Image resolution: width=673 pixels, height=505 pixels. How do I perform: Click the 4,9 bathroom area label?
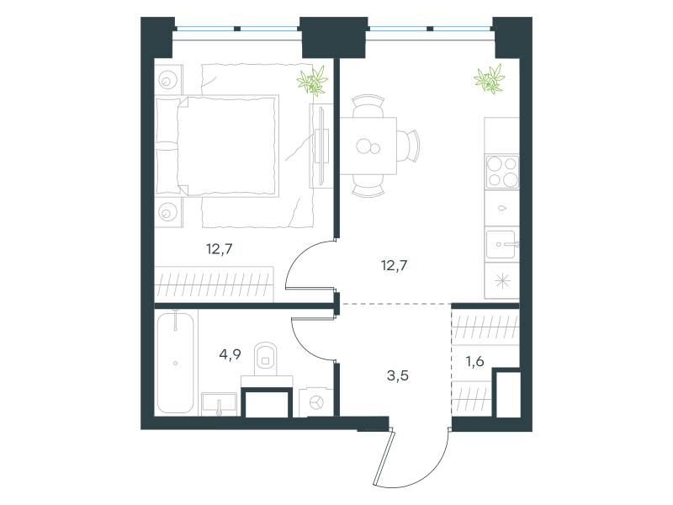click(230, 354)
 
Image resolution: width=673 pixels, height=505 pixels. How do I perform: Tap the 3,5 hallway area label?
click(397, 375)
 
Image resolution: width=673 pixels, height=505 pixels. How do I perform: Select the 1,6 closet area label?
click(475, 362)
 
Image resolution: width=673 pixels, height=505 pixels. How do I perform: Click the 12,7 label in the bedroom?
click(220, 248)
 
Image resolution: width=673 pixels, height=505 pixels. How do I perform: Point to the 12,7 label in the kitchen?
click(394, 265)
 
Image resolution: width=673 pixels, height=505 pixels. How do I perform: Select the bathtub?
click(176, 363)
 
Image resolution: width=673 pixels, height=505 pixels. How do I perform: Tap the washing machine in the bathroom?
click(316, 402)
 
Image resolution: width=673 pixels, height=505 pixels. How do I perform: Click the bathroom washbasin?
click(220, 404)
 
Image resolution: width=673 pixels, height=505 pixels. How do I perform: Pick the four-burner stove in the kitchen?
click(502, 172)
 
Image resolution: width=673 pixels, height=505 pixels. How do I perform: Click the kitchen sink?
click(501, 244)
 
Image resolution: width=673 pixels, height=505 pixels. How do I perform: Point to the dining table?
click(368, 146)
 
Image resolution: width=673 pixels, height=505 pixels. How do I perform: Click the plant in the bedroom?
click(312, 80)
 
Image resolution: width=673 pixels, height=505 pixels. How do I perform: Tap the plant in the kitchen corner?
click(490, 79)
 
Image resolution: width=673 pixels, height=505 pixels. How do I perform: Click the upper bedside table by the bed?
click(169, 79)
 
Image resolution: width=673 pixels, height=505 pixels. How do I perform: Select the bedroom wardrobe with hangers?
click(215, 284)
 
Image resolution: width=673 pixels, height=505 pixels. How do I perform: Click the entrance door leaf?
click(383, 456)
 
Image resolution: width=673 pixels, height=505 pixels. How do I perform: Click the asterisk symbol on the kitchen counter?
click(502, 281)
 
